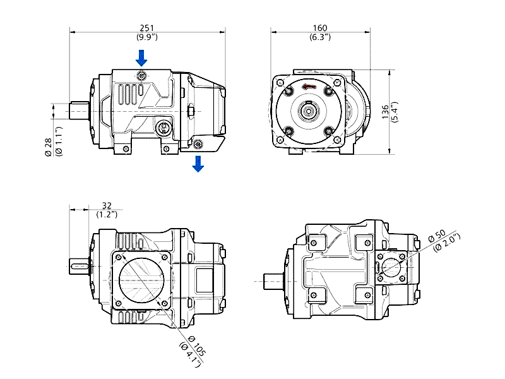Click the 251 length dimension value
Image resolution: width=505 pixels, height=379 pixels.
[x=147, y=28]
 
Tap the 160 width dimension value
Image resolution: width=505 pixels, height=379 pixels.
[x=320, y=28]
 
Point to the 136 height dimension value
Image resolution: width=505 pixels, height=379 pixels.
[x=385, y=112]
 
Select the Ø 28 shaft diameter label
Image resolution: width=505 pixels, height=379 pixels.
[x=48, y=147]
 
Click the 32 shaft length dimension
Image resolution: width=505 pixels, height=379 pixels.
[x=107, y=205]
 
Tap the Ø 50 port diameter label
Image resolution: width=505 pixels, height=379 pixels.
[x=437, y=236]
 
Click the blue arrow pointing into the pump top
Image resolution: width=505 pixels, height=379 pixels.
[x=141, y=58]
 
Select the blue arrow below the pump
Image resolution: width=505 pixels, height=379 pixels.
[x=198, y=164]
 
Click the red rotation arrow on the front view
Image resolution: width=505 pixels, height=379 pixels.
[x=309, y=87]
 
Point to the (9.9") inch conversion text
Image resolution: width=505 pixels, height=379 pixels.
[x=147, y=37]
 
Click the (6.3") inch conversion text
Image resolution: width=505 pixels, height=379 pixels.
[x=320, y=37]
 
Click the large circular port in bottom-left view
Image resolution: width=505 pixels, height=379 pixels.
[x=141, y=280]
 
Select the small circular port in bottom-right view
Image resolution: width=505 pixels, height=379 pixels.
[x=391, y=267]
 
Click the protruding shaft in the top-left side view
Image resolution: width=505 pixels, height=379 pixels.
[x=80, y=111]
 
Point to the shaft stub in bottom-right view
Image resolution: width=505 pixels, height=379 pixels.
[x=274, y=281]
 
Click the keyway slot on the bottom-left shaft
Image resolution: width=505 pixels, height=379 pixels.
[x=81, y=266]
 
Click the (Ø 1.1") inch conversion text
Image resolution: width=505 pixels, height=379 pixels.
[x=58, y=141]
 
